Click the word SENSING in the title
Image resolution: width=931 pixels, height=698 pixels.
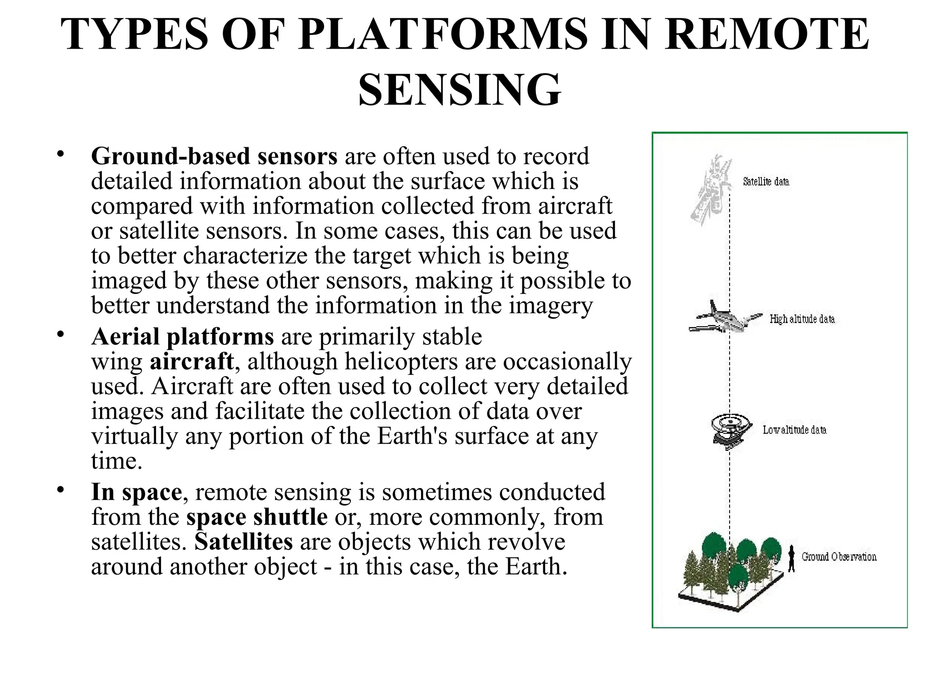click(460, 90)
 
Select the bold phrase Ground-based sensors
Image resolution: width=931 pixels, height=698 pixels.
click(214, 156)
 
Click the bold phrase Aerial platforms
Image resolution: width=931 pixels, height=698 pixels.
click(182, 337)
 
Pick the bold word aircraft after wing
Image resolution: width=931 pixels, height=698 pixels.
click(191, 362)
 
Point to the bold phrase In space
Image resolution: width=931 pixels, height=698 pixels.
click(136, 492)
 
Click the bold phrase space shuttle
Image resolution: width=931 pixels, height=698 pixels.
click(257, 517)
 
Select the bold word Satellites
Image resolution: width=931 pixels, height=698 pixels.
click(244, 542)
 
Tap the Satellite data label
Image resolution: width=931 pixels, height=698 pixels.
click(766, 182)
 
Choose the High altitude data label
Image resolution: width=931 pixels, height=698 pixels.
click(802, 319)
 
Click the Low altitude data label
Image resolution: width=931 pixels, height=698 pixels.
click(794, 430)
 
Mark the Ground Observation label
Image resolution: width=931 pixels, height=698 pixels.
click(839, 557)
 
